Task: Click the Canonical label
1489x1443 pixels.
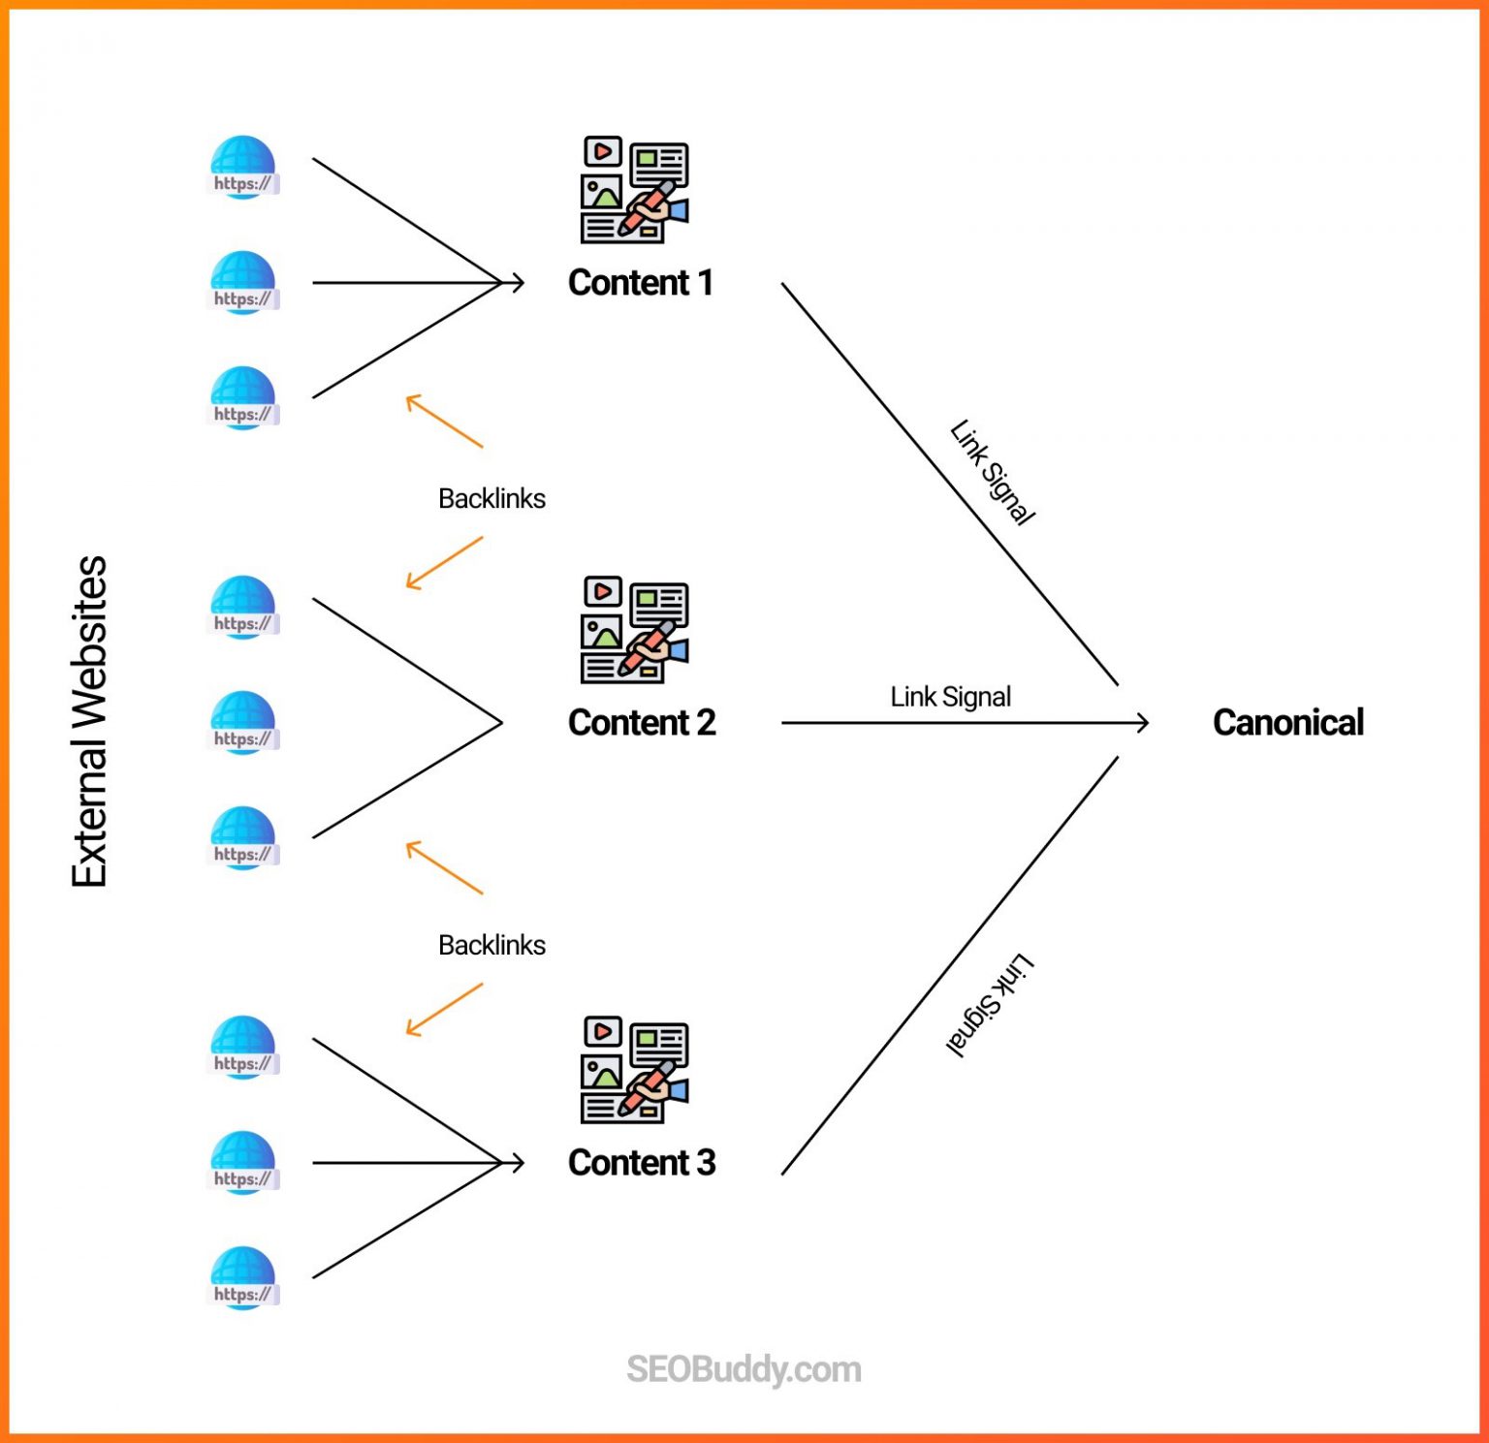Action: pyautogui.click(x=1287, y=722)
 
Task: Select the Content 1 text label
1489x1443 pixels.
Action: pyautogui.click(x=640, y=283)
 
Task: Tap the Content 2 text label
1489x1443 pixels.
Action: pyautogui.click(x=641, y=722)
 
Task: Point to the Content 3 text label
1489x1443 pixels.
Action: pyautogui.click(x=641, y=1162)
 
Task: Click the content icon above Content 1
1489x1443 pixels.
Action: pyautogui.click(x=634, y=190)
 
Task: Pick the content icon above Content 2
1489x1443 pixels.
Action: pyautogui.click(x=634, y=630)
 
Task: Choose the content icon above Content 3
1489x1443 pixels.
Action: pyautogui.click(x=634, y=1070)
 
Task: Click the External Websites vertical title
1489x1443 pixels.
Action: pyautogui.click(x=89, y=721)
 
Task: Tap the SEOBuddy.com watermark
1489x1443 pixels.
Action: pyautogui.click(x=744, y=1369)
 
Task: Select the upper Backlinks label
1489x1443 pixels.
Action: pyautogui.click(x=491, y=498)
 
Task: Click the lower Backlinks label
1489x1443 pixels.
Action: pyautogui.click(x=491, y=945)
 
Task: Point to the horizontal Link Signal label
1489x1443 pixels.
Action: pyautogui.click(x=950, y=697)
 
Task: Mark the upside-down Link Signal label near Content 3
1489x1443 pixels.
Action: pyautogui.click(x=990, y=1004)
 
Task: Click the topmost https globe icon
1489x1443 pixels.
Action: pyautogui.click(x=242, y=168)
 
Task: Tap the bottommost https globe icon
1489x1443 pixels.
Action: pyautogui.click(x=242, y=1278)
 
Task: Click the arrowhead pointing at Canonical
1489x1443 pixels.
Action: pyautogui.click(x=1143, y=722)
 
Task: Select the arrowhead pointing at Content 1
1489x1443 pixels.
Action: pyautogui.click(x=518, y=283)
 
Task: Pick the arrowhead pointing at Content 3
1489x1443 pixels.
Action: pyautogui.click(x=518, y=1162)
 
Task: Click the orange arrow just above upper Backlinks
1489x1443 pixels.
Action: pyautogui.click(x=443, y=421)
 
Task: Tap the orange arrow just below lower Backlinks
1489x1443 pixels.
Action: pyautogui.click(x=443, y=1010)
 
